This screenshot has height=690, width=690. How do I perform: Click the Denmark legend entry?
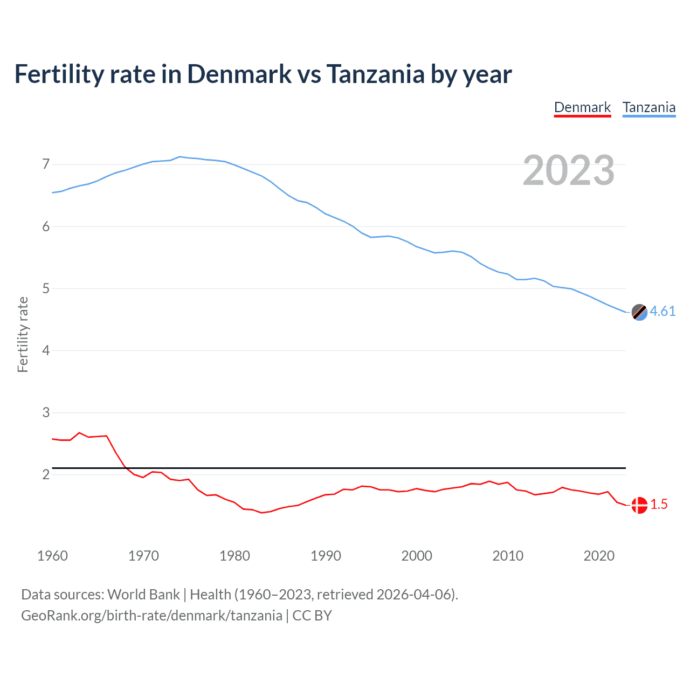tap(582, 107)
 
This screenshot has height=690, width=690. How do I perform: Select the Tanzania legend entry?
tap(649, 107)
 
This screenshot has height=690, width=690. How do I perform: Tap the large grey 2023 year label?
tap(569, 170)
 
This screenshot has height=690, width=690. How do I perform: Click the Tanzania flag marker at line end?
tap(639, 312)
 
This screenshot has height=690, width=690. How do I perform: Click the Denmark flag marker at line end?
tap(639, 505)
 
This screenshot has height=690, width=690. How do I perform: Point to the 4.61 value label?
tap(663, 311)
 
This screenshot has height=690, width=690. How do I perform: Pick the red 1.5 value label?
tap(659, 504)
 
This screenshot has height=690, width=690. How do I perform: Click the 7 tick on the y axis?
tap(46, 164)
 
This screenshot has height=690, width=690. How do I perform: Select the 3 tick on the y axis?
tap(46, 412)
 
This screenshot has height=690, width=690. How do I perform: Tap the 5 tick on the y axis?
tap(46, 288)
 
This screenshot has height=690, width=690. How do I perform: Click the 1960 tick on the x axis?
tap(52, 556)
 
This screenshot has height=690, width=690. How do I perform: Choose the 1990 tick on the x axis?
tap(326, 556)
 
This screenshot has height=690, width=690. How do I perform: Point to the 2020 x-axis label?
tap(599, 556)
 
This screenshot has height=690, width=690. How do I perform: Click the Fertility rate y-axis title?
tap(23, 334)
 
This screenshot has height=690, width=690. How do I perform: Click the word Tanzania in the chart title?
tap(375, 74)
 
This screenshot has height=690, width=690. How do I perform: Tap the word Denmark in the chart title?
tap(239, 74)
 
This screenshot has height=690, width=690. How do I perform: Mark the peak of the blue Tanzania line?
tap(180, 157)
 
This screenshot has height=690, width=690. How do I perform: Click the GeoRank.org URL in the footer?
tap(151, 616)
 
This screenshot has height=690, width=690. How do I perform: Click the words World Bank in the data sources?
tap(143, 595)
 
